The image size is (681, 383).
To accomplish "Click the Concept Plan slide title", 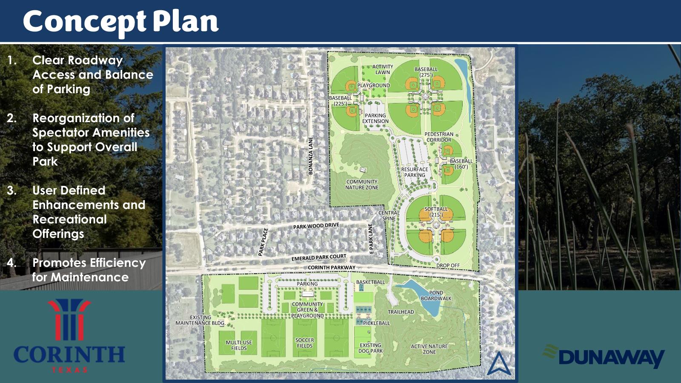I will pyautogui.click(x=120, y=21).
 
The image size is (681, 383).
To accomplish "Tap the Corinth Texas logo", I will pyautogui.click(x=69, y=336).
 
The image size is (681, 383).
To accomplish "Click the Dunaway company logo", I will pyautogui.click(x=604, y=356).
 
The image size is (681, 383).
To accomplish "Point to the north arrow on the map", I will pyautogui.click(x=499, y=363).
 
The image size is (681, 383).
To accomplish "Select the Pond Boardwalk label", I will pyautogui.click(x=436, y=295).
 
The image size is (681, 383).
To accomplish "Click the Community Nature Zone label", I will pyautogui.click(x=362, y=184).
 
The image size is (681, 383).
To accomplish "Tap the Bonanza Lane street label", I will pyautogui.click(x=311, y=155).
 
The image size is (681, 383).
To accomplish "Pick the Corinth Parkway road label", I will pyautogui.click(x=331, y=268).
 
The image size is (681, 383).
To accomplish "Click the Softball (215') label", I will pyautogui.click(x=436, y=212).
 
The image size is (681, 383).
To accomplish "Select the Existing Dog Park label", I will pyautogui.click(x=370, y=348).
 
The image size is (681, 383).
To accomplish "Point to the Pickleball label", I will pyautogui.click(x=376, y=323).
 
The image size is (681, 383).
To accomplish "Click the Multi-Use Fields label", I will pyautogui.click(x=239, y=345).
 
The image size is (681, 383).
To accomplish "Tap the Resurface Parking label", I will pyautogui.click(x=415, y=172).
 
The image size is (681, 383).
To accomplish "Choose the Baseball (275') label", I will pyautogui.click(x=426, y=72).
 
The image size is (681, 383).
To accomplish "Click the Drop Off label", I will pyautogui.click(x=448, y=266).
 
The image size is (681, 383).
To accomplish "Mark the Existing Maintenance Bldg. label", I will pyautogui.click(x=200, y=320).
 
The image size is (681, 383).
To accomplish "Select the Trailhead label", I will pyautogui.click(x=401, y=312).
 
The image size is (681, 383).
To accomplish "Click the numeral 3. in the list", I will pyautogui.click(x=12, y=190).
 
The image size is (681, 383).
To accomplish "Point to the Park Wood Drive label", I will pyautogui.click(x=316, y=226).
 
